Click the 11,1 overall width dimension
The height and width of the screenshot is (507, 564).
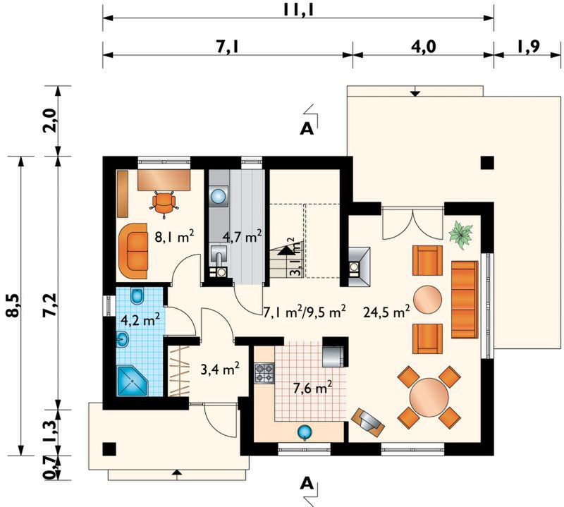tap(298, 10)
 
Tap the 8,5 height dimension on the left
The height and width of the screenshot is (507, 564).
tap(14, 305)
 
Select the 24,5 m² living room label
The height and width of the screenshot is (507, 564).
tap(386, 312)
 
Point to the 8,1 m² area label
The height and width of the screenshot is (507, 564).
tap(174, 238)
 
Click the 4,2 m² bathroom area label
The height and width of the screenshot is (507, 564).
tap(140, 319)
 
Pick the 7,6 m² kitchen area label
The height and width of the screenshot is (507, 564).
tap(312, 389)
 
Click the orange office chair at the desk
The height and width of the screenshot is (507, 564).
tap(164, 203)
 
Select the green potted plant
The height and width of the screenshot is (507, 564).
tap(461, 234)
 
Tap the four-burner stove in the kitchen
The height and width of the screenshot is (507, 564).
tap(264, 373)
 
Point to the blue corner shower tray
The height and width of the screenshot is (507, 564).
tap(133, 381)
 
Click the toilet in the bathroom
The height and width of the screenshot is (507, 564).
tap(137, 296)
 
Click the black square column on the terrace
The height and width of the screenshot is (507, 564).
tap(487, 163)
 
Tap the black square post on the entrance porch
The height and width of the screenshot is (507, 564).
tap(109, 448)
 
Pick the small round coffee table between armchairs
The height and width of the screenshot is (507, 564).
tap(427, 300)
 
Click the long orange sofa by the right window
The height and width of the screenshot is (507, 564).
tap(465, 300)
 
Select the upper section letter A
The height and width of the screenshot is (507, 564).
tap(307, 128)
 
